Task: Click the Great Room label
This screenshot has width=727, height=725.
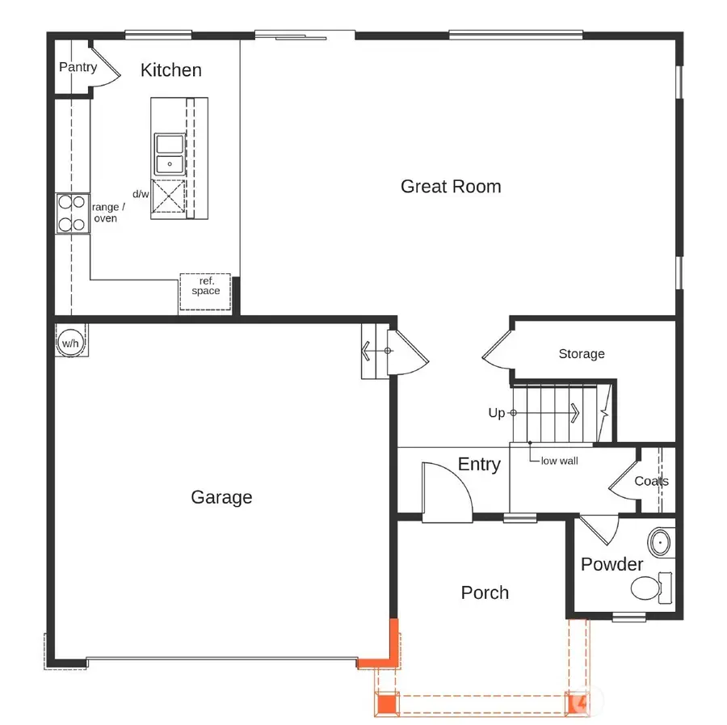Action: point(451,187)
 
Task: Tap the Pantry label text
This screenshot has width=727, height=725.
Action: point(78,67)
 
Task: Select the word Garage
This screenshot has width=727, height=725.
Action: point(221,497)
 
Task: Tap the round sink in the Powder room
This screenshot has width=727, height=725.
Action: point(662,542)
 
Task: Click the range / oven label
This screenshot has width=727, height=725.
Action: point(107,213)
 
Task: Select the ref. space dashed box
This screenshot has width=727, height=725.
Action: point(205,291)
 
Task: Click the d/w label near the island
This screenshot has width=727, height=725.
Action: point(141,194)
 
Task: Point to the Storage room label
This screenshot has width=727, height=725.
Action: point(581,354)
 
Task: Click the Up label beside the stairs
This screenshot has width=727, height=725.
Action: point(496,413)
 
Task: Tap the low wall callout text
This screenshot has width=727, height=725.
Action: point(559,461)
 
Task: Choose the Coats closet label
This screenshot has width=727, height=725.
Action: point(651,481)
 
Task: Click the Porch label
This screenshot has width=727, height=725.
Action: point(485,592)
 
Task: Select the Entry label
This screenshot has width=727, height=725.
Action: point(479,465)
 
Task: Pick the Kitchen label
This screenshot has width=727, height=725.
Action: point(170,70)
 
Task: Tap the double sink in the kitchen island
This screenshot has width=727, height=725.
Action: point(169,154)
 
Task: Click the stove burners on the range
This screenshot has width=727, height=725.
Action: point(72,213)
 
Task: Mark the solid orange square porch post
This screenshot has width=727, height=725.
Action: point(388,704)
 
